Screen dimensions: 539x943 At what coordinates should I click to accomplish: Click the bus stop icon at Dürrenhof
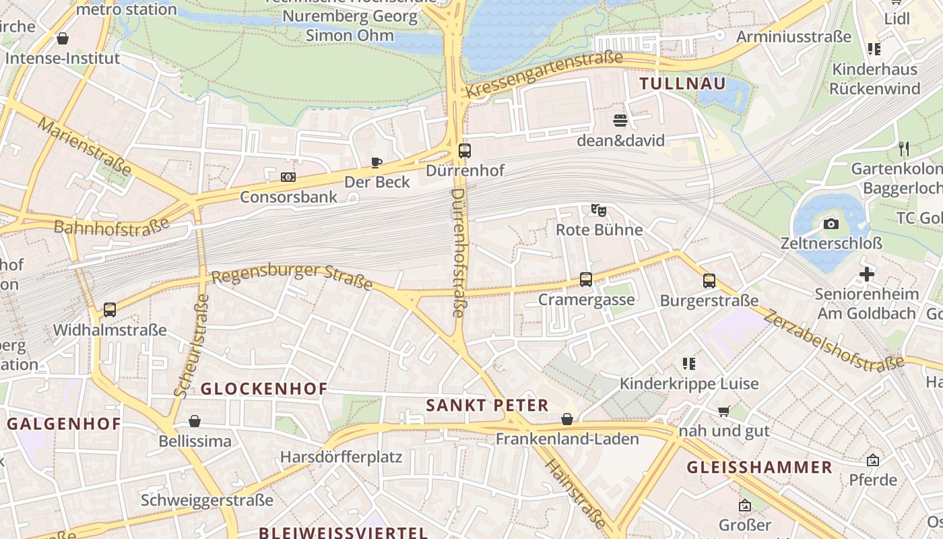tap(464, 151)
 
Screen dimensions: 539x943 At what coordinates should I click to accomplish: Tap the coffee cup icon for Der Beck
tap(377, 162)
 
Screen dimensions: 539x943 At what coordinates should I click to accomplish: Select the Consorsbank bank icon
tap(288, 177)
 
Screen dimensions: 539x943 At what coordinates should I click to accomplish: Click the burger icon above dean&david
tap(620, 121)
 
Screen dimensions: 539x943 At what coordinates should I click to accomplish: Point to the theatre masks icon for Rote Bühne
tap(598, 210)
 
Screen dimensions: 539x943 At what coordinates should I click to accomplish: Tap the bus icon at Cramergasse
tap(586, 280)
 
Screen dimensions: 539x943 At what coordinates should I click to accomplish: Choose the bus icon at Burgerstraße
tap(709, 281)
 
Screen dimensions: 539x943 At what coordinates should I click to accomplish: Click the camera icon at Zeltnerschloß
tap(831, 224)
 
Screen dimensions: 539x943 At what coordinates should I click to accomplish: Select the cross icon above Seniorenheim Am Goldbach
tap(867, 274)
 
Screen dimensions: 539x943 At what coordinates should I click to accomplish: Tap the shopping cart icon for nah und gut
tap(724, 411)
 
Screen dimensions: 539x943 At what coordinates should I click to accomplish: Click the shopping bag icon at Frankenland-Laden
tap(567, 419)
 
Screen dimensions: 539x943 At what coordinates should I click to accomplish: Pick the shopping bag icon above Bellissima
tap(195, 421)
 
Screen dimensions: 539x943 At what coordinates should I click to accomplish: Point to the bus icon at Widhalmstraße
tap(109, 310)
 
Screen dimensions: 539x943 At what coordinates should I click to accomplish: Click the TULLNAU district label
tap(682, 84)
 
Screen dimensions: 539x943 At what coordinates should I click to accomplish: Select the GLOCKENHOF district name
tap(264, 389)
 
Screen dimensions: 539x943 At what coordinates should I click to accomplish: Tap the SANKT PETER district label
tap(488, 405)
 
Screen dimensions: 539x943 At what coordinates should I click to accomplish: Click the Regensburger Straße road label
tap(292, 276)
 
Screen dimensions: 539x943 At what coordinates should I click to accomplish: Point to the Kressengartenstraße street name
tap(544, 75)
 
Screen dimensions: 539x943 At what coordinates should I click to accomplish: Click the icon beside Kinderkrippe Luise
tap(688, 364)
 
